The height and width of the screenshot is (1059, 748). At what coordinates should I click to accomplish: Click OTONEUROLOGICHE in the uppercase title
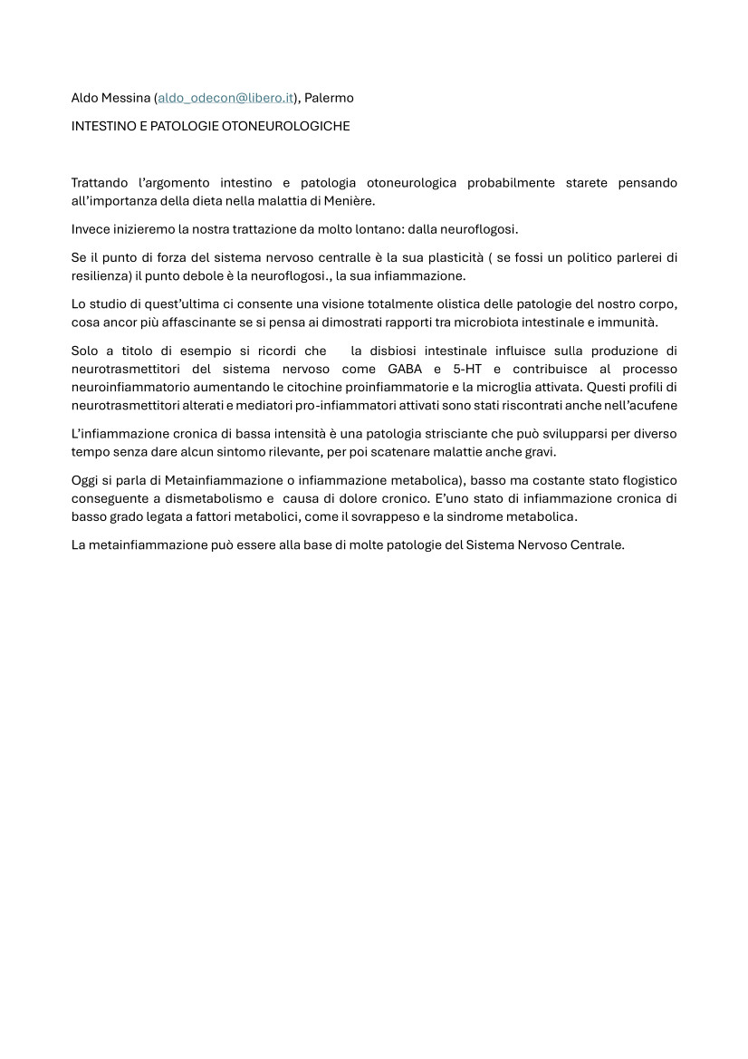point(282,126)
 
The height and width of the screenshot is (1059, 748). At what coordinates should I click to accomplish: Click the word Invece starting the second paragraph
point(91,228)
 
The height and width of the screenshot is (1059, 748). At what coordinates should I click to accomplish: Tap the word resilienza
point(102,274)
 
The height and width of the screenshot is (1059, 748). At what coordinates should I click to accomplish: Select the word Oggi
point(85,480)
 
